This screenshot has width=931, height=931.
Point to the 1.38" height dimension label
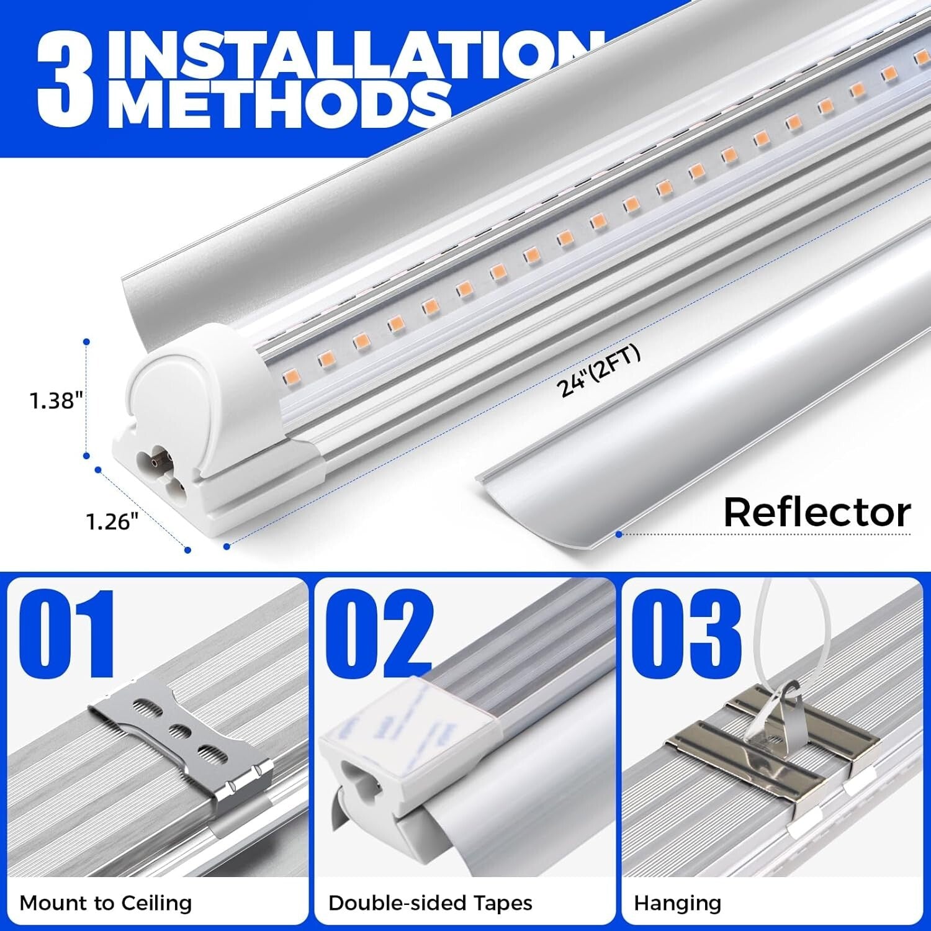[x=56, y=400]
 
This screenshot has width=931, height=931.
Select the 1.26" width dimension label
[x=112, y=521]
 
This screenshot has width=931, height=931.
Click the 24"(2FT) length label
[x=599, y=371]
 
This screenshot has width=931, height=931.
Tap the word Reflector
[x=817, y=513]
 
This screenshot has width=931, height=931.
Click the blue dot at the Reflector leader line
[x=618, y=534]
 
